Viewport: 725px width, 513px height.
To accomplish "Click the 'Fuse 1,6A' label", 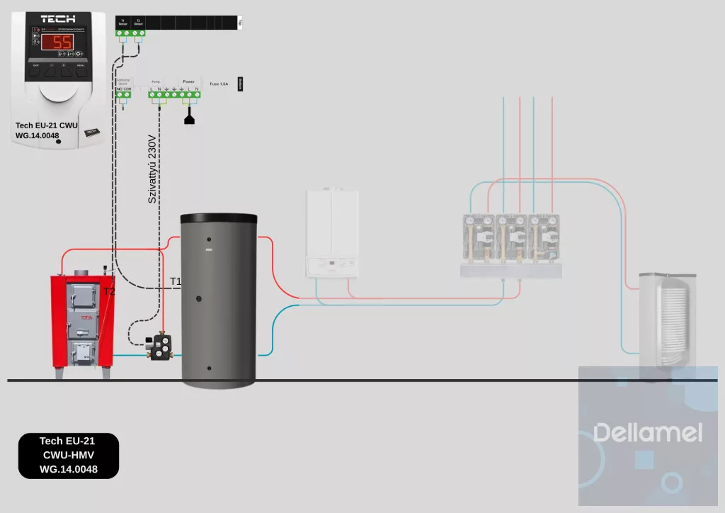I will click(x=219, y=84).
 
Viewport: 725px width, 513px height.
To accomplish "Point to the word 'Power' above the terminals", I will click(x=188, y=81).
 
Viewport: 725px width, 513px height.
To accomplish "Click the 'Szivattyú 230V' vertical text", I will click(x=152, y=170).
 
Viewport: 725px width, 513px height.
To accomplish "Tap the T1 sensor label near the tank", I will click(x=176, y=281).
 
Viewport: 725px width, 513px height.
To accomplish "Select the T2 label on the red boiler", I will click(x=109, y=291).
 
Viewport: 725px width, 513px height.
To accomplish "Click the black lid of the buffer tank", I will click(x=219, y=218).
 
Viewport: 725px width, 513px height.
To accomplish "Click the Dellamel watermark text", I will click(x=648, y=432).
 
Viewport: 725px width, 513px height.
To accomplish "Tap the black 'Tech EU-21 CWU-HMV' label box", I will click(x=69, y=455).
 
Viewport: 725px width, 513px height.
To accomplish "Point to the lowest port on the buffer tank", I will click(x=207, y=368).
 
